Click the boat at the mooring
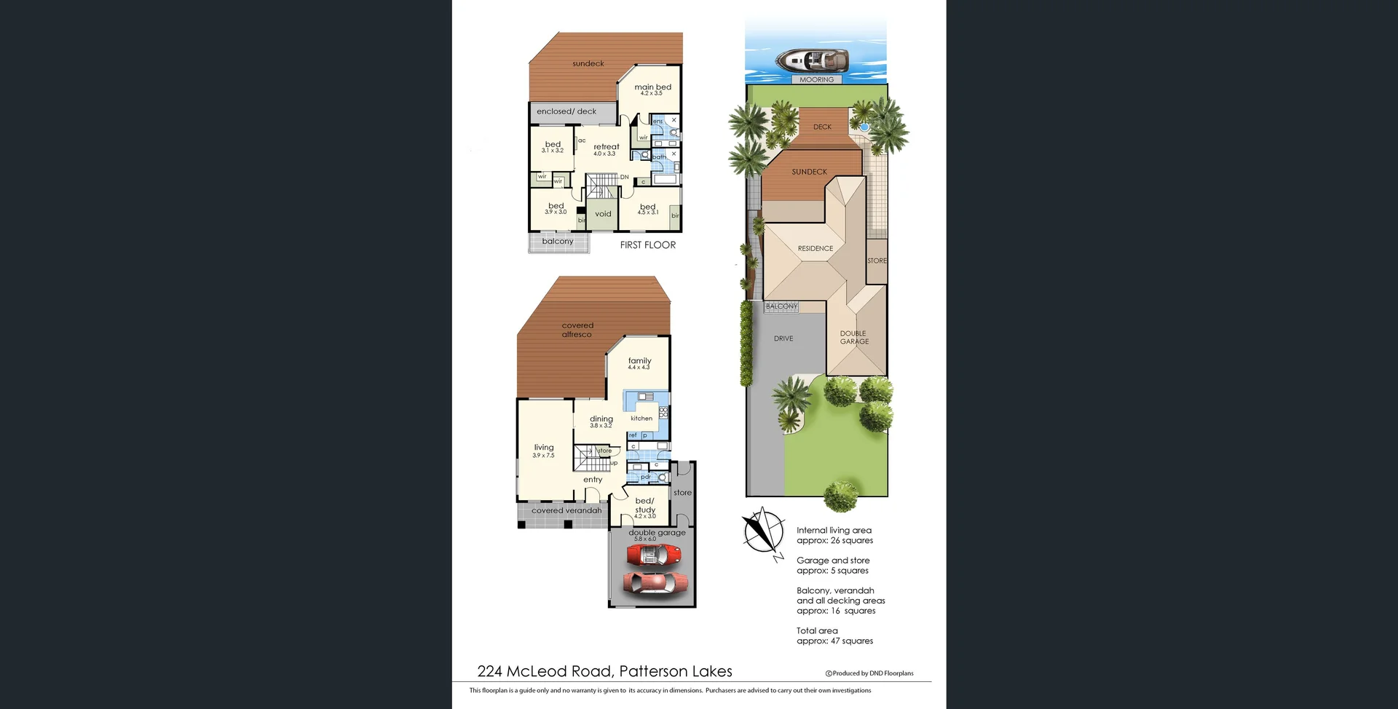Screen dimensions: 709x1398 pos(812,60)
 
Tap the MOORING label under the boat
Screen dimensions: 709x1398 pos(816,80)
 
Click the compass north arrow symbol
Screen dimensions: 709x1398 pos(763,531)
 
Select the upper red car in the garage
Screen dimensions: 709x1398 pos(654,556)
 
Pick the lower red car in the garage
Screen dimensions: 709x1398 pos(655,583)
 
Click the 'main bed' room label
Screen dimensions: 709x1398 pos(652,87)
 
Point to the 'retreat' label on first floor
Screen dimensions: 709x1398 pos(606,147)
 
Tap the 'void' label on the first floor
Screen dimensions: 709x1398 pos(603,214)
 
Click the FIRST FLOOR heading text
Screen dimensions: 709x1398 pos(647,245)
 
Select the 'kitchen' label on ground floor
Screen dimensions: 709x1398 pos(641,419)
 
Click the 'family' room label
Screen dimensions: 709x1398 pos(639,361)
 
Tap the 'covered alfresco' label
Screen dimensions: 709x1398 pos(577,330)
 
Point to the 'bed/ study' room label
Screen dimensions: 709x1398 pos(645,505)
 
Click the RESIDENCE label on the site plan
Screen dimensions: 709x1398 pos(815,249)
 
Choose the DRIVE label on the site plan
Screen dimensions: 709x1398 pos(783,338)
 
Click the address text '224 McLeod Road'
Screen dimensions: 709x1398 pos(545,671)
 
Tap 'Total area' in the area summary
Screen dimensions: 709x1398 pos(817,631)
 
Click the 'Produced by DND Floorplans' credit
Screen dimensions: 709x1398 pos(869,673)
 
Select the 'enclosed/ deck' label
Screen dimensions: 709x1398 pos(566,111)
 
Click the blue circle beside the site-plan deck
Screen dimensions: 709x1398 pos(864,127)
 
